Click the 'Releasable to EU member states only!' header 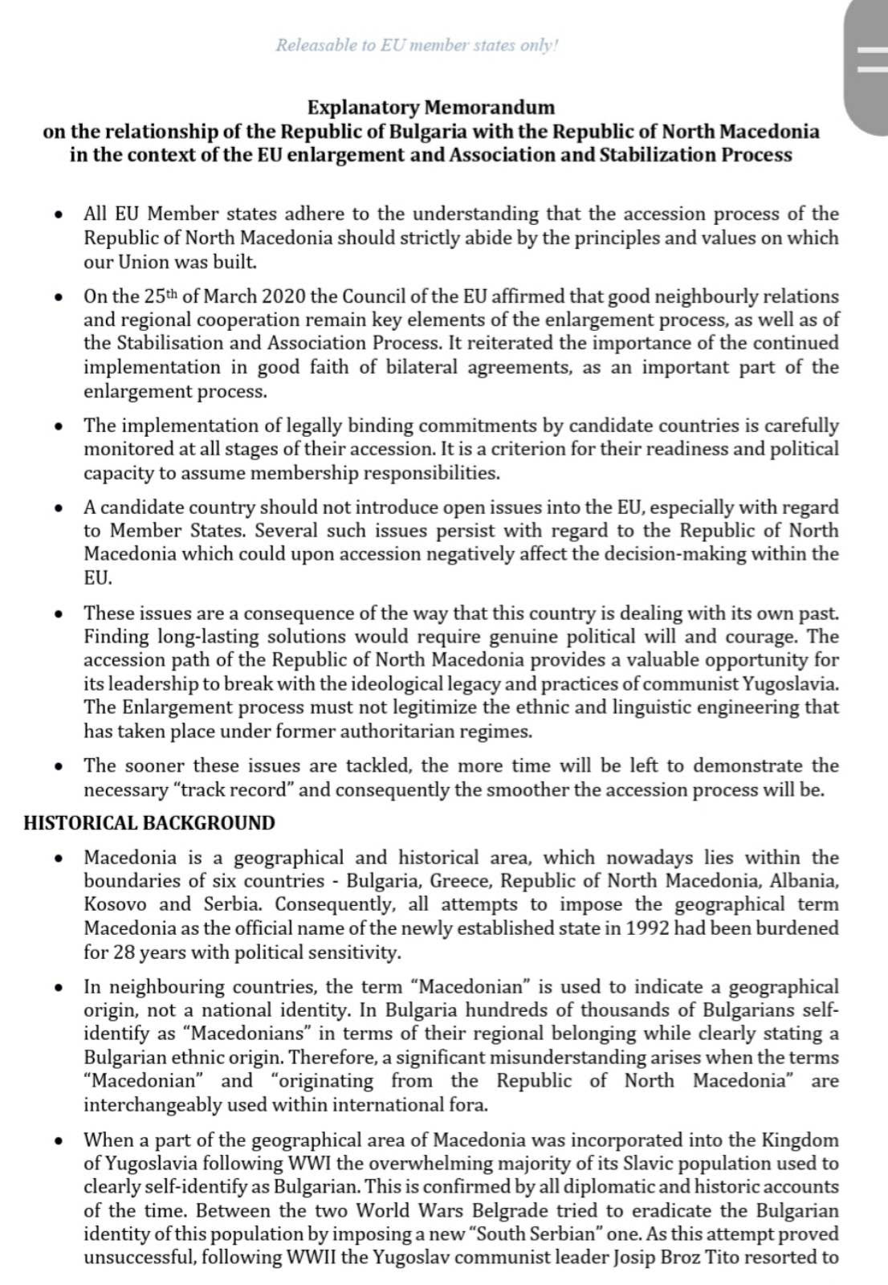tap(417, 45)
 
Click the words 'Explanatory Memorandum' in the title tap(431, 108)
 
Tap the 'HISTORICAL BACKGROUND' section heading tap(149, 823)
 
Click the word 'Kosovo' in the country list tap(115, 904)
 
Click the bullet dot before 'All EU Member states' tap(58, 214)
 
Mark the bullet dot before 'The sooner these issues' tap(58, 766)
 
